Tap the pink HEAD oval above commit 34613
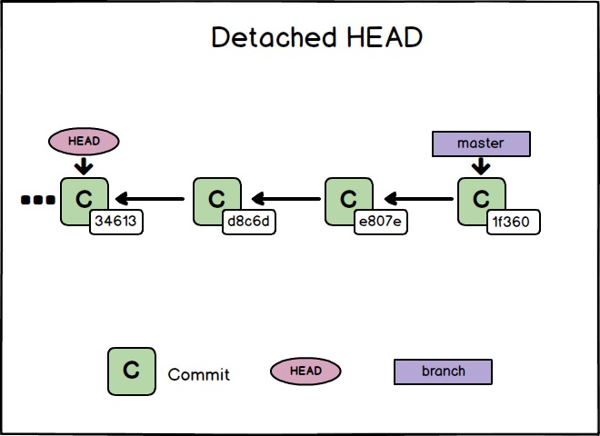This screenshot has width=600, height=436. tap(84, 141)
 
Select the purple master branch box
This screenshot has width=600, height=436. tap(480, 144)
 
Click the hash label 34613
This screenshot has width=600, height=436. tap(117, 221)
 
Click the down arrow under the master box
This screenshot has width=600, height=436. tap(480, 166)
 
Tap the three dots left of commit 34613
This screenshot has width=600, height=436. tap(37, 200)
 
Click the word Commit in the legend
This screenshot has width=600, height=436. tap(199, 374)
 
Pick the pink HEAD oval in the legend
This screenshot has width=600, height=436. tap(305, 371)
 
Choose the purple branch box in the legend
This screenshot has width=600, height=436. tap(443, 372)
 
